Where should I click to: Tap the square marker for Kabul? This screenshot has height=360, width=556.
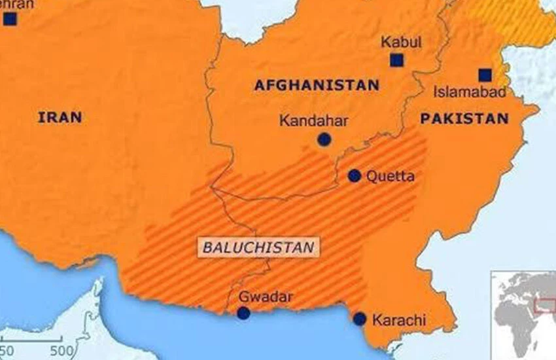[396, 60]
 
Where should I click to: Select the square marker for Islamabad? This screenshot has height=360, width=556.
[485, 75]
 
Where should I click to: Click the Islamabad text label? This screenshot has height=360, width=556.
[470, 92]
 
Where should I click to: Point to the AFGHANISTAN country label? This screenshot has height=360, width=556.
[317, 85]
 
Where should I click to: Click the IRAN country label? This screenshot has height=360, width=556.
[60, 118]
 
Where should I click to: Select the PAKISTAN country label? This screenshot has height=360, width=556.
[464, 118]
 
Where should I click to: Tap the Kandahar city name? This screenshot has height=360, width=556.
[313, 121]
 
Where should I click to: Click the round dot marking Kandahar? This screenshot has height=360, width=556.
[324, 139]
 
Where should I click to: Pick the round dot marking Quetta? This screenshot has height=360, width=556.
[354, 175]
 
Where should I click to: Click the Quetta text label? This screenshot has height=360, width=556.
[391, 176]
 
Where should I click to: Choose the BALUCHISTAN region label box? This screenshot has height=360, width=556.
[258, 247]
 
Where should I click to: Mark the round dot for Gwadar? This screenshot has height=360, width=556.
[243, 313]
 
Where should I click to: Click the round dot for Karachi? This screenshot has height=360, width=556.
[360, 319]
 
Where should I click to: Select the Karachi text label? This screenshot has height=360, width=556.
[399, 321]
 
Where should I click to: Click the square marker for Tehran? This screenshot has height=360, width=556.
[10, 19]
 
